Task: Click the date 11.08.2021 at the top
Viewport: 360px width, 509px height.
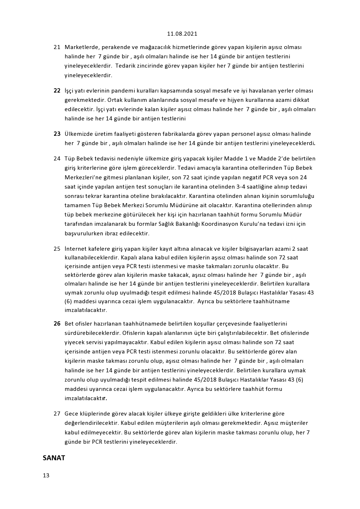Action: click(x=182, y=34)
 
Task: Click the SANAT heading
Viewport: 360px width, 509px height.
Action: click(x=54, y=458)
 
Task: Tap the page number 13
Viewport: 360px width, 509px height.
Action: click(x=46, y=475)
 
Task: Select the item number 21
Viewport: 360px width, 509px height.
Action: click(x=57, y=47)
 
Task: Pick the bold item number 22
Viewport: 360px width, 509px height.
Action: click(x=57, y=91)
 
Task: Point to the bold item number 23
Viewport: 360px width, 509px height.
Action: click(x=57, y=134)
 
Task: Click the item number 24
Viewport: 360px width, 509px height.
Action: click(x=57, y=158)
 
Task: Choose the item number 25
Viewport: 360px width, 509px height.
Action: click(x=57, y=249)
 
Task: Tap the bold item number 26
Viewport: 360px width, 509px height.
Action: click(x=57, y=324)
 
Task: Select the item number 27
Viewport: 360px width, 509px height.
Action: click(x=57, y=414)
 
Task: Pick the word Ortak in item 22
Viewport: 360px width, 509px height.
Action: click(x=114, y=100)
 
